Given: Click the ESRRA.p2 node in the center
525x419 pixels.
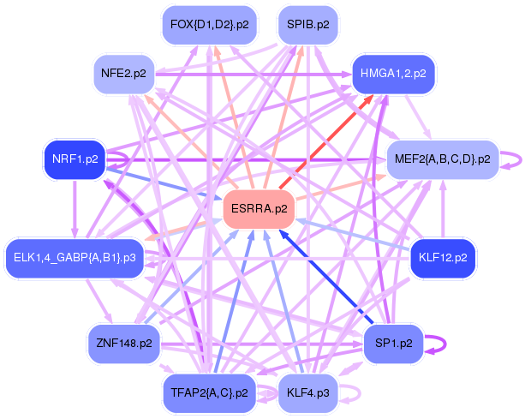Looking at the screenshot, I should (259, 208).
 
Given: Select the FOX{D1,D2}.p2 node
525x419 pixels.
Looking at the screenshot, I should (210, 25).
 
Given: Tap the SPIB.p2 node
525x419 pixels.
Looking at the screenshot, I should (308, 25).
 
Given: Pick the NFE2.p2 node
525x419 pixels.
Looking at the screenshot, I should (130, 74).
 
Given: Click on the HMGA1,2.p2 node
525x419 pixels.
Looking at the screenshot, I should (394, 74).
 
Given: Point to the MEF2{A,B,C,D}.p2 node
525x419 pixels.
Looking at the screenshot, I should (442, 159).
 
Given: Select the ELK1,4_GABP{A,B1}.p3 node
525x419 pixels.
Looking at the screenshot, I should (75, 257).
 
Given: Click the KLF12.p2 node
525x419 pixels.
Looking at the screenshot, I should (442, 257).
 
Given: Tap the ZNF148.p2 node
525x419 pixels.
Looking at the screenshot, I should (125, 343).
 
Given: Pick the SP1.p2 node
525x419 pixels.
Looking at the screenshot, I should (394, 343).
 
